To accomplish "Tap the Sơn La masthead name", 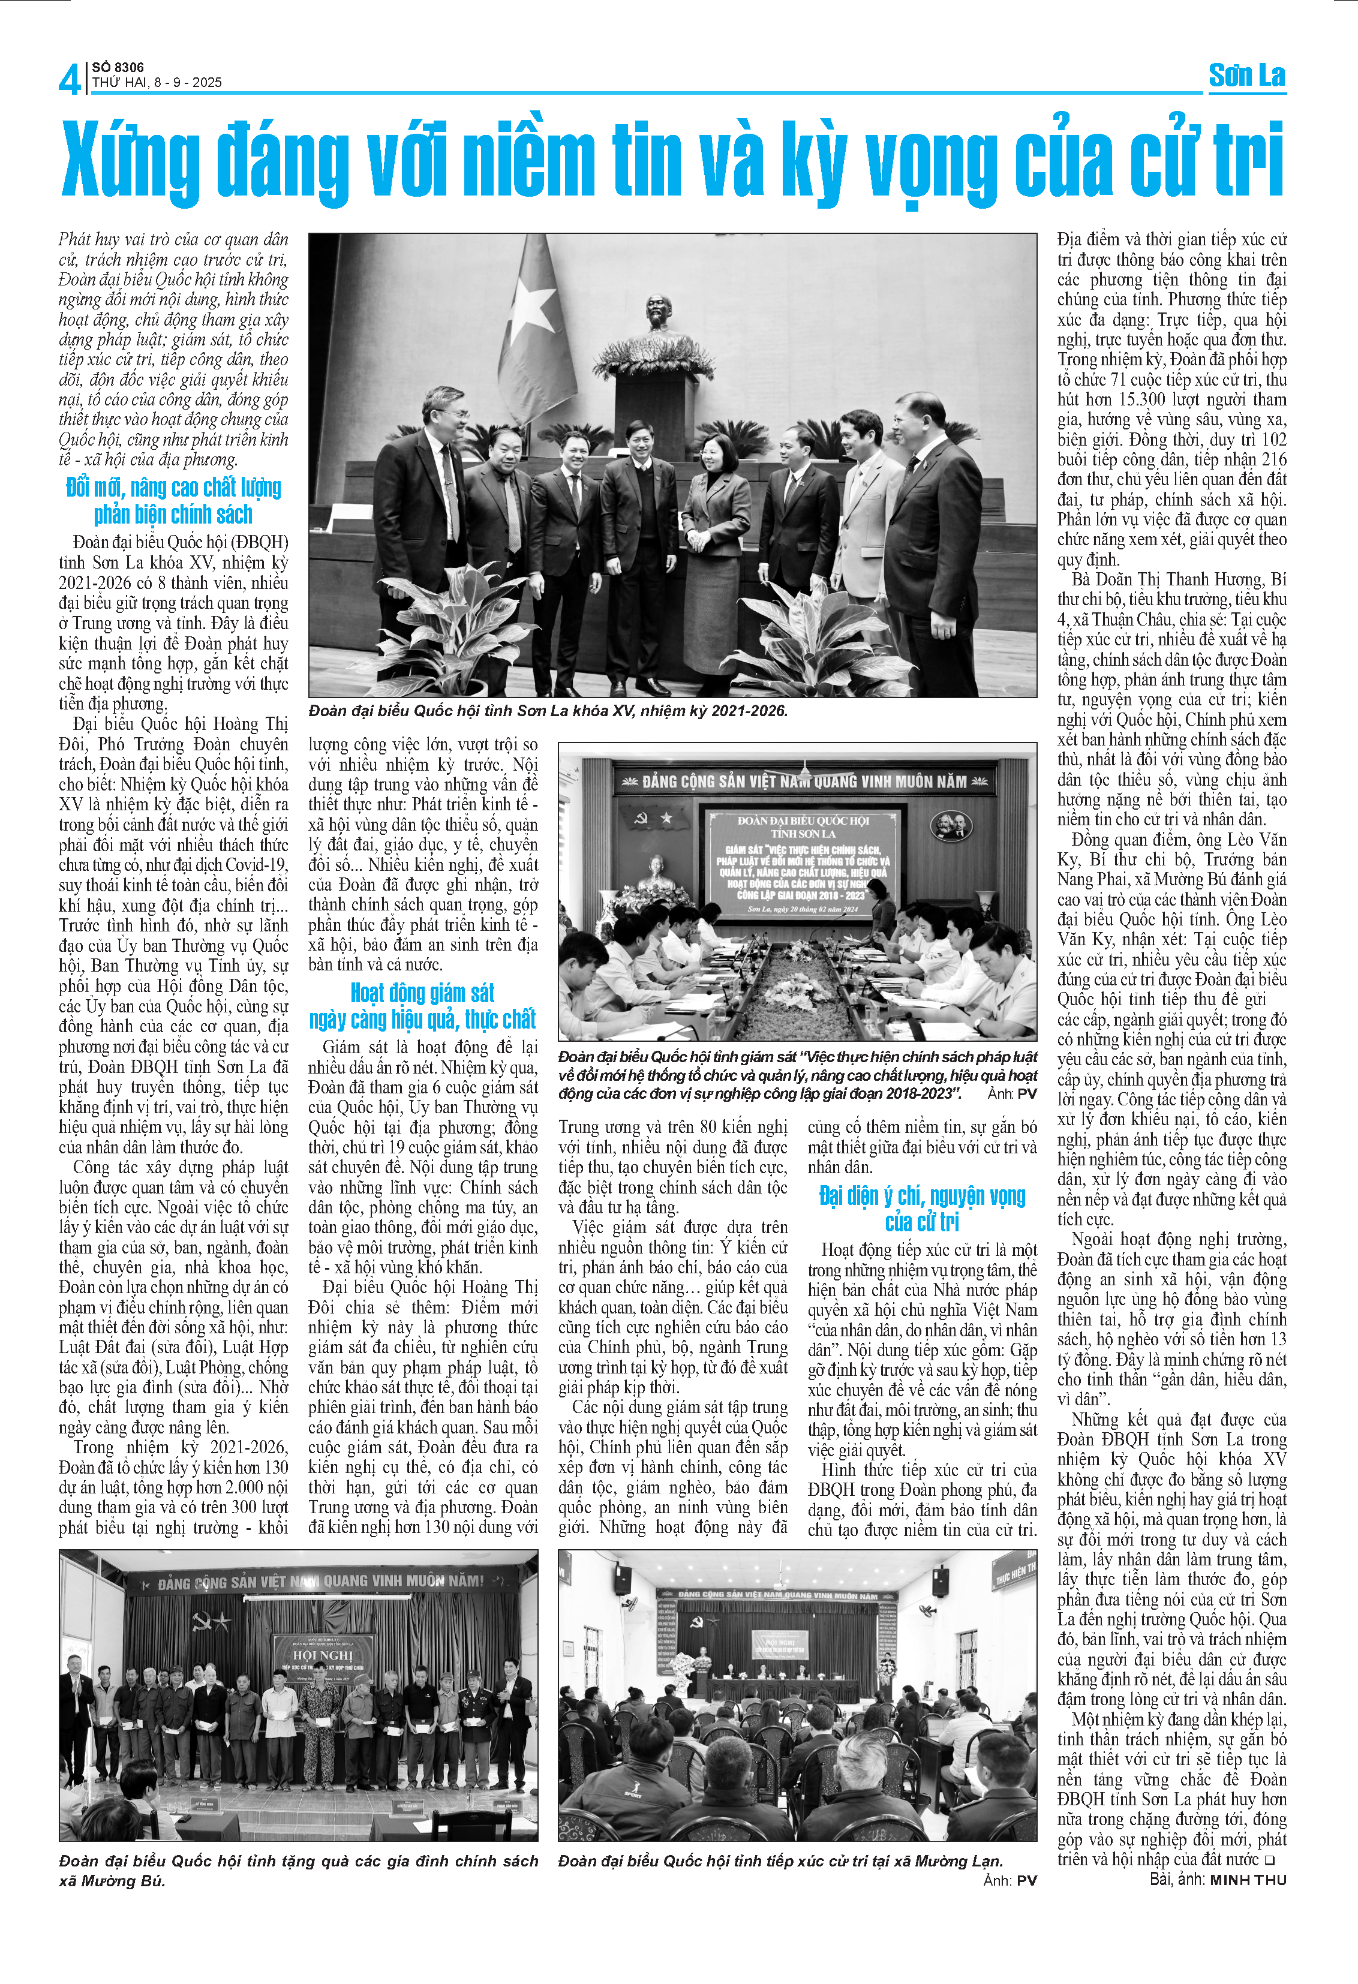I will point(1246,76).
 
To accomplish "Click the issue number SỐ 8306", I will point(118,67).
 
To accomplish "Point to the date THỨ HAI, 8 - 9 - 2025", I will point(157,83).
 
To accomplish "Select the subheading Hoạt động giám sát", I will point(422,993).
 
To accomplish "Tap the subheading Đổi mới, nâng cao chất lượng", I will point(173,488).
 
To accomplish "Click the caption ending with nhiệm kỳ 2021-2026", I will point(548,710).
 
